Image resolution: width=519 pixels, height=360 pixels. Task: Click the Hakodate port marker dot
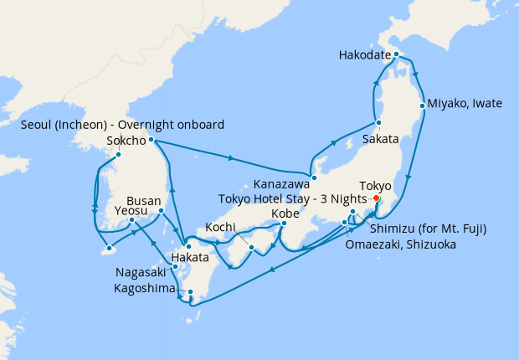point(397,56)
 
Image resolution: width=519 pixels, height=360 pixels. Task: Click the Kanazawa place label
point(281,185)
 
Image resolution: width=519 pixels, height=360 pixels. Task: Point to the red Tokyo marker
point(376,198)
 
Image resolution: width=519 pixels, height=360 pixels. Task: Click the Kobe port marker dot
point(284,223)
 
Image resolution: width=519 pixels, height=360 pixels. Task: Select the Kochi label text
point(221,227)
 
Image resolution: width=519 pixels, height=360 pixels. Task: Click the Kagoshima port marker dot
point(191,292)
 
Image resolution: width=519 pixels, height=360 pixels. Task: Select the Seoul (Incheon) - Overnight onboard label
point(122,125)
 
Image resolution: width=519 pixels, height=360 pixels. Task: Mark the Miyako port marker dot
point(422,106)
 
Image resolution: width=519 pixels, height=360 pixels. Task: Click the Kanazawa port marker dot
point(313,177)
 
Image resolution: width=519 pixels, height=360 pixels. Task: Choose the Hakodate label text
point(365,55)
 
